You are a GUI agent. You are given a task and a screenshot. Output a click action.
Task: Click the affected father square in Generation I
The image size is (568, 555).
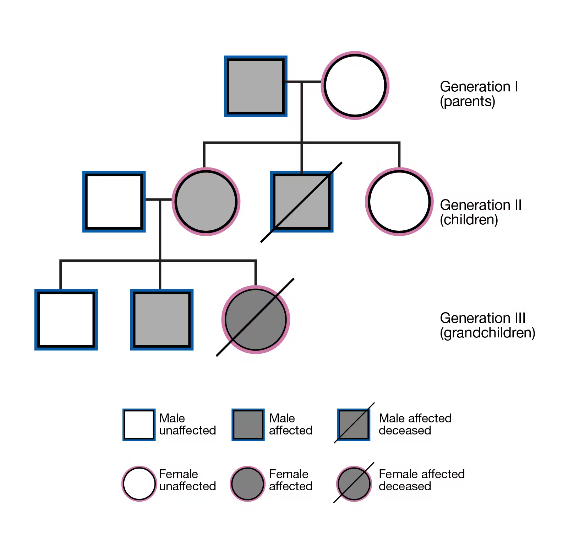(x=256, y=86)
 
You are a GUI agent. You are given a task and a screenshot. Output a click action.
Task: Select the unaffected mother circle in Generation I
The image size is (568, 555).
(x=355, y=86)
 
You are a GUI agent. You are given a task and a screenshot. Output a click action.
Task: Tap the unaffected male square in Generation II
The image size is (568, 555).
(x=114, y=202)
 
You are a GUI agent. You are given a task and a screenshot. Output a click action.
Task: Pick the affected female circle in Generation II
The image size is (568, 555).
(x=206, y=202)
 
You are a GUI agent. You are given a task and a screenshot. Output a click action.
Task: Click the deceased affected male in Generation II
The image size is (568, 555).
(x=302, y=202)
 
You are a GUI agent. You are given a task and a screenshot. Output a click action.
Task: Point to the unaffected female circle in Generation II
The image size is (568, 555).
(x=399, y=202)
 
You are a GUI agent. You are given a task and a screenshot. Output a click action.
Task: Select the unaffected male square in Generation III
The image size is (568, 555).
(x=66, y=319)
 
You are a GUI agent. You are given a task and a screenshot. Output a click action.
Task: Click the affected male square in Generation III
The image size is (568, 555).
(x=162, y=319)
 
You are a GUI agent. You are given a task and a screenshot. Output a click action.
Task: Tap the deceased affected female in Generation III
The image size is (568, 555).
(x=256, y=319)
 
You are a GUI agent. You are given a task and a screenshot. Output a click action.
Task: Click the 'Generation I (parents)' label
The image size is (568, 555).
(x=479, y=94)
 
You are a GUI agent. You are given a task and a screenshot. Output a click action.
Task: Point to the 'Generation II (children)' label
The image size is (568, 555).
(x=480, y=212)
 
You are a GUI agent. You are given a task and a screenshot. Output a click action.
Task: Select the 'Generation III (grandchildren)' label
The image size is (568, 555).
(x=487, y=325)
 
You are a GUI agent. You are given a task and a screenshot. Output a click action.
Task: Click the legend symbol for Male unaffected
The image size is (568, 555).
(x=139, y=425)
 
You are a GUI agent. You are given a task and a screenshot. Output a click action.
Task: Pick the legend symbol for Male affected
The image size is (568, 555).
(x=248, y=425)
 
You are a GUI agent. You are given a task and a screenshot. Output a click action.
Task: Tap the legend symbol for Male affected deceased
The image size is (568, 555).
(x=354, y=425)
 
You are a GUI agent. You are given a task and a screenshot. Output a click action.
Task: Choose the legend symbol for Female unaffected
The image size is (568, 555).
(x=139, y=484)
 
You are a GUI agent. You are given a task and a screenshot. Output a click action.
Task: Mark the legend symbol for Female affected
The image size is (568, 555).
(x=247, y=484)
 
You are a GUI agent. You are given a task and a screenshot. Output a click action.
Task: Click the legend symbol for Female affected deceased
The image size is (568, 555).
(x=354, y=484)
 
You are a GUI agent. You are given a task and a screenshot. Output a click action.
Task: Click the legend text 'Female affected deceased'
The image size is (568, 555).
(x=421, y=480)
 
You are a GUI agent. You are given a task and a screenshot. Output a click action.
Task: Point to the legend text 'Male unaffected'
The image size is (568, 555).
(x=187, y=424)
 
